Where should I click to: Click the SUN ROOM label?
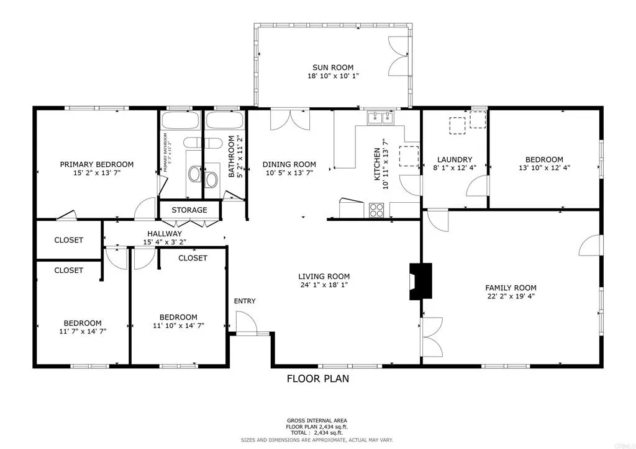(332, 67)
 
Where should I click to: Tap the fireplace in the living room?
(420, 282)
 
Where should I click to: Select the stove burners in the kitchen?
(376, 210)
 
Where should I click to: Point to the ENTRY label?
(244, 301)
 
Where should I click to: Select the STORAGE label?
(189, 210)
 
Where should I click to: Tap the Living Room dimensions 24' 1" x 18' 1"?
(324, 286)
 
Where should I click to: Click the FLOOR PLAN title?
(317, 378)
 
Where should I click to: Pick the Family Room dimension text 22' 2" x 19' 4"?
(511, 297)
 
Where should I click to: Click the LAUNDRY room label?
(454, 159)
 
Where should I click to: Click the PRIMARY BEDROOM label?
(96, 164)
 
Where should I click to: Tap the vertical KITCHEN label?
(376, 164)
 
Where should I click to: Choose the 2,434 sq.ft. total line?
(317, 433)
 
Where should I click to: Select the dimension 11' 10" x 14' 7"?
(178, 326)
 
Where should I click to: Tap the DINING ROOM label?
(289, 164)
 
